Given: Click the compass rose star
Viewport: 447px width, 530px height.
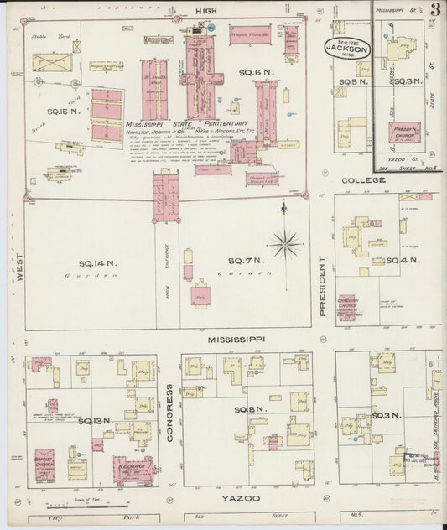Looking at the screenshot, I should pos(286,244).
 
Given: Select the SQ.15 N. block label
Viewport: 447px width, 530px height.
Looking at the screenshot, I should pos(62,111).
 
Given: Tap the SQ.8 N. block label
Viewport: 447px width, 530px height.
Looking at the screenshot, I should pos(248,409).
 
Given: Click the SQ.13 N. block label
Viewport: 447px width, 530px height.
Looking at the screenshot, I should pos(95,420).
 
